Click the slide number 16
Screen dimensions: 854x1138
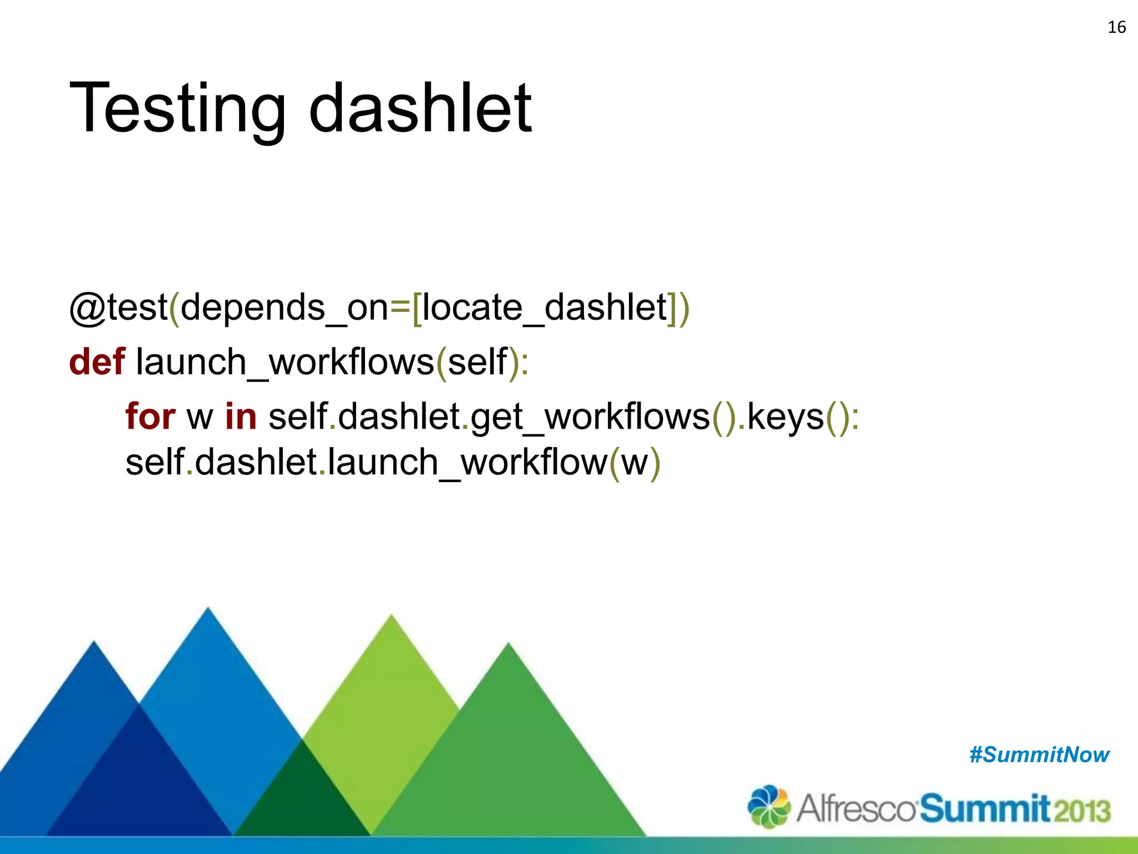click(1116, 27)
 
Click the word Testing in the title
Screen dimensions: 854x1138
click(177, 108)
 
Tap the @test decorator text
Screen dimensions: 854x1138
click(118, 307)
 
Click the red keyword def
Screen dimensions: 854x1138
click(97, 362)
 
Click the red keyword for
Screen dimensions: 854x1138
click(150, 416)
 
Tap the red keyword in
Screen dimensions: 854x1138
click(241, 416)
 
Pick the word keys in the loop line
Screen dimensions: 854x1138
click(785, 418)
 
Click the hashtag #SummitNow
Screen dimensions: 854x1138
click(1039, 755)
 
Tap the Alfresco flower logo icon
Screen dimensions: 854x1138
click(768, 807)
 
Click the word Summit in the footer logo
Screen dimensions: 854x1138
click(985, 809)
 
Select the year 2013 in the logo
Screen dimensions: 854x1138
click(1081, 811)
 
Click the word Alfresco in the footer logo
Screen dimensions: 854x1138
click(856, 809)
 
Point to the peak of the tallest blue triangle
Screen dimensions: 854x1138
click(208, 610)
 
